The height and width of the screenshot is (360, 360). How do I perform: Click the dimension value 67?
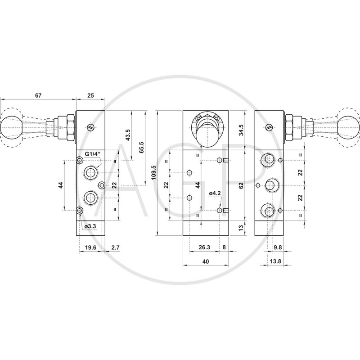tap(38, 95)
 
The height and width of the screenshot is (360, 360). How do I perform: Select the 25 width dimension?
tap(91, 95)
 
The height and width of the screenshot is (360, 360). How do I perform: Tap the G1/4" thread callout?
tap(93, 154)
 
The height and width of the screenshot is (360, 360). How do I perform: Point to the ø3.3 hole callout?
tap(90, 226)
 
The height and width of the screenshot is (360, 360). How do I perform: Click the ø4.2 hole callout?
tap(215, 193)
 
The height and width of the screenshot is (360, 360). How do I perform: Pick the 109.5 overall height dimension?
tap(153, 173)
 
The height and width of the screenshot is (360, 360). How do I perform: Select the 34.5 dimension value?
tap(241, 130)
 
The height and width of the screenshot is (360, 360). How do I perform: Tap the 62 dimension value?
tap(241, 185)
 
